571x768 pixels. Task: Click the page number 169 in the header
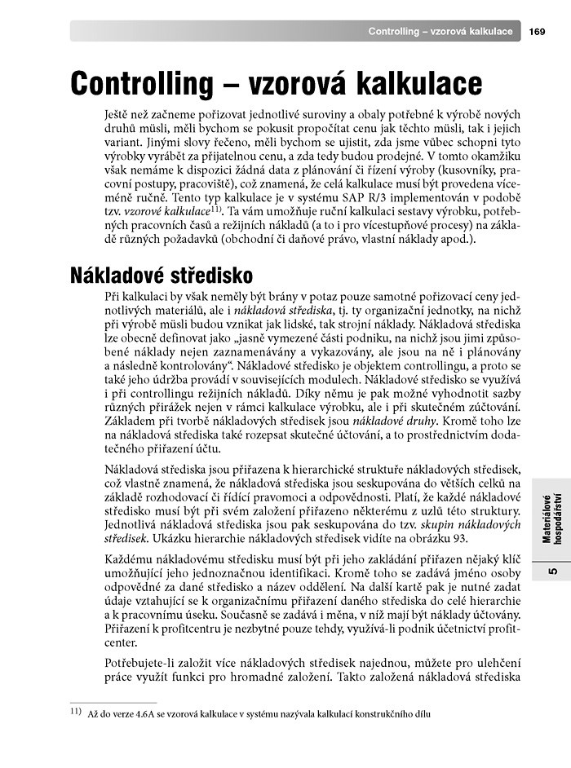tap(537, 32)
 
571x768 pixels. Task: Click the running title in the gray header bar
tap(440, 32)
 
